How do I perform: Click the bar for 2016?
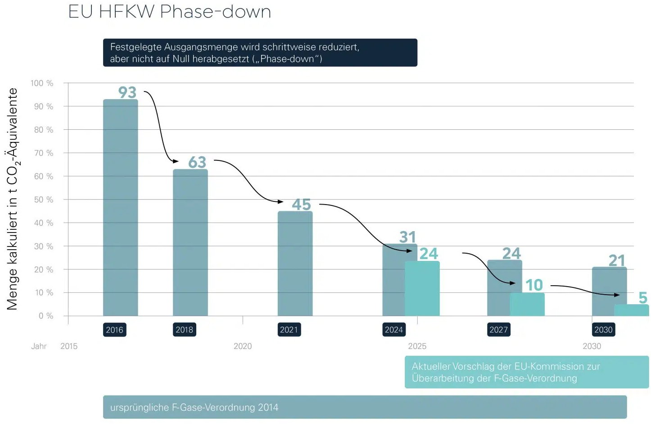(x=120, y=207)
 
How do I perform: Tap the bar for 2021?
(x=295, y=264)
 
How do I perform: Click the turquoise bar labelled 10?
(x=527, y=304)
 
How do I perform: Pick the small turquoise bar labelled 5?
(x=631, y=310)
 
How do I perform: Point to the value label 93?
(x=127, y=92)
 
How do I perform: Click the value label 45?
(x=301, y=205)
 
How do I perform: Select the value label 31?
(x=407, y=237)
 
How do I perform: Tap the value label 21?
(x=617, y=260)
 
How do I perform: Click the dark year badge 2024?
(x=393, y=330)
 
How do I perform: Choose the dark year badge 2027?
(x=498, y=330)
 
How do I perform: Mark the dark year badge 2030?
(x=603, y=330)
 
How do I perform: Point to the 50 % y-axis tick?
(x=44, y=200)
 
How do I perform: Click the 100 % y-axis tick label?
(x=42, y=83)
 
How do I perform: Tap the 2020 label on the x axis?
(x=243, y=346)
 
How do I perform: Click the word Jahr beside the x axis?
(x=39, y=346)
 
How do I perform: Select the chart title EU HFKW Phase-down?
(x=170, y=12)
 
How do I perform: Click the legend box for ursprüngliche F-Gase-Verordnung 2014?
(x=365, y=407)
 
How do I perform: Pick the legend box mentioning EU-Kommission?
(x=526, y=372)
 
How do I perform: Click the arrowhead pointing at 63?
(x=176, y=161)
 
